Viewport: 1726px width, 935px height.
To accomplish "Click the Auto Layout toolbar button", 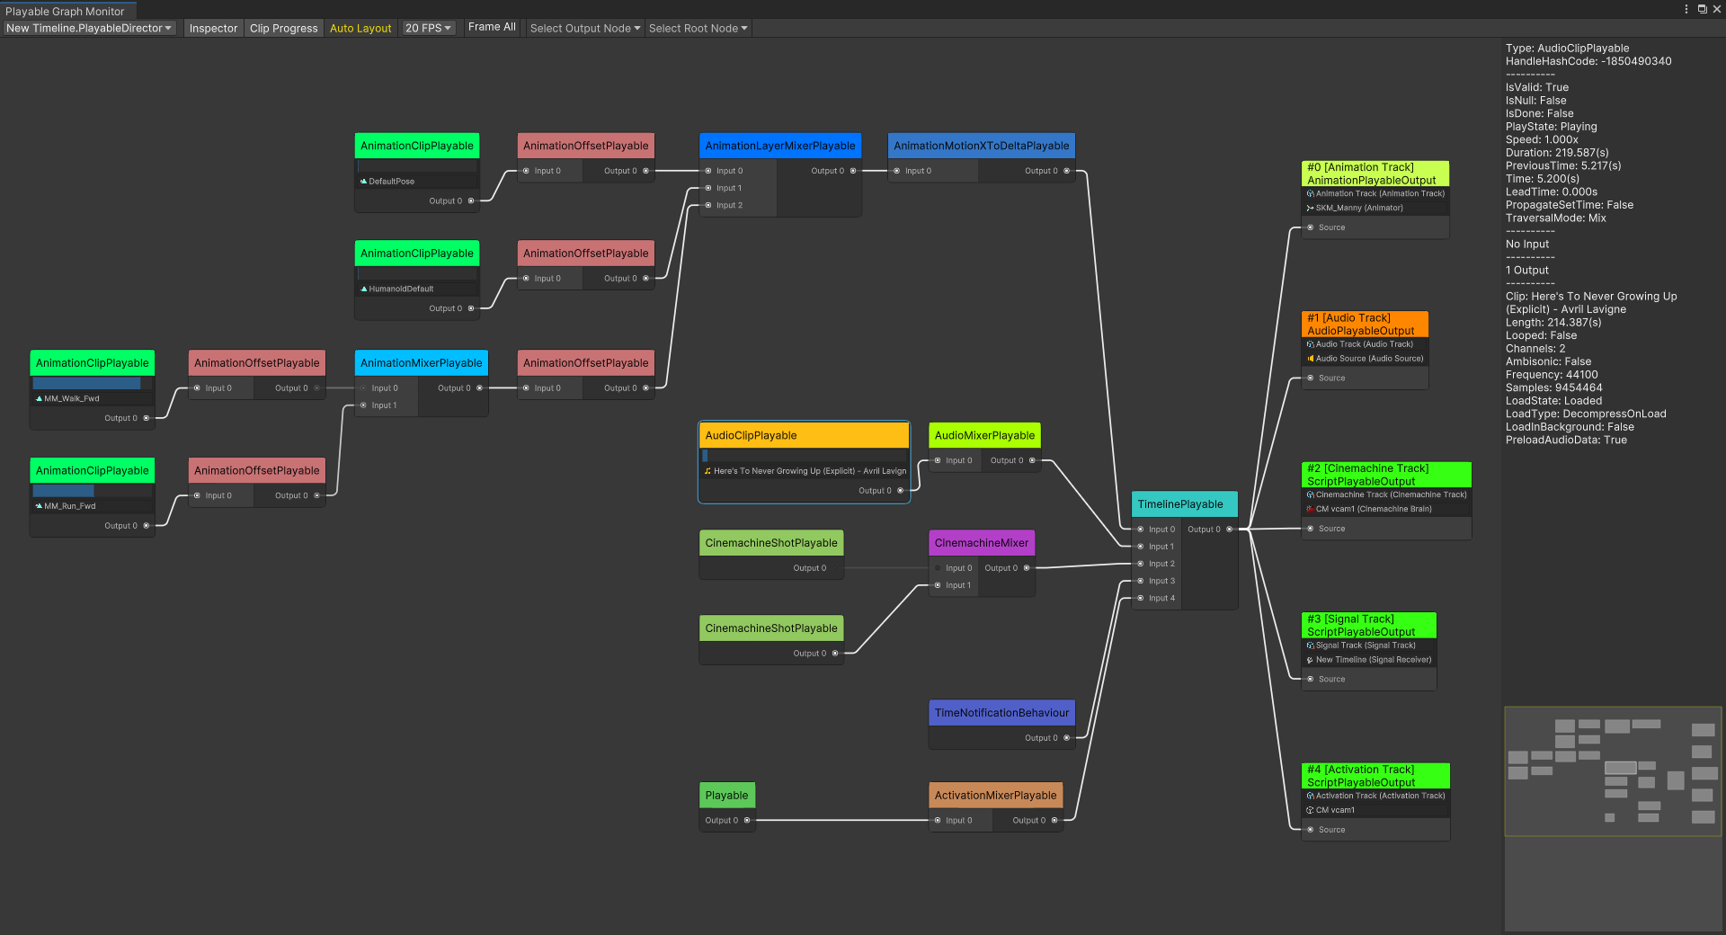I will click(360, 28).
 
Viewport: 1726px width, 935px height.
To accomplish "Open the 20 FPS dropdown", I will click(428, 28).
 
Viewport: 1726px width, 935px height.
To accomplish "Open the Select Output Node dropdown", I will click(584, 28).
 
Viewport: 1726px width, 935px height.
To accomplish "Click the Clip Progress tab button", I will click(283, 28).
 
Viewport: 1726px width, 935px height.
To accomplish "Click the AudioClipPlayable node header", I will click(804, 435).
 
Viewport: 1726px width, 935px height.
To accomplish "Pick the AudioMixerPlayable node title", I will click(983, 435).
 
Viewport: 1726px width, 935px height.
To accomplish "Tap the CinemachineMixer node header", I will click(981, 543).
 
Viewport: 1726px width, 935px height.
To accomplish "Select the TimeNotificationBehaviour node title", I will click(1001, 713).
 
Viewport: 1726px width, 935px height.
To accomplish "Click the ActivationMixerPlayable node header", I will click(995, 796).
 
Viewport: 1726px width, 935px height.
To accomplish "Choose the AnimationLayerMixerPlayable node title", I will click(779, 146).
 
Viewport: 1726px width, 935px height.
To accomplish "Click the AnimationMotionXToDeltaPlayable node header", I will click(981, 146).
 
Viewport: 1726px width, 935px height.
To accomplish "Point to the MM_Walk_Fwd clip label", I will click(72, 398).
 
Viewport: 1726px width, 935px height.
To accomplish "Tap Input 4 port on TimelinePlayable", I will click(1142, 599).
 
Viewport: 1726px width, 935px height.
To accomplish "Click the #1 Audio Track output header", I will click(1364, 324).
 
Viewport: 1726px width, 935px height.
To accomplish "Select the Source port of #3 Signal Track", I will click(1311, 680).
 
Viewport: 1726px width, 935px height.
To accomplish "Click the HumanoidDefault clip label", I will click(401, 289).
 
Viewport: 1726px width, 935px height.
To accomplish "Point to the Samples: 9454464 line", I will click(1553, 387).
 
